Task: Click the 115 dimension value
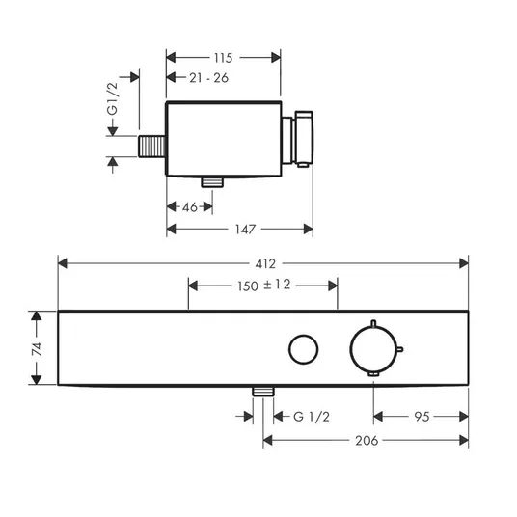coord(223,58)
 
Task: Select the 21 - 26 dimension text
coord(208,78)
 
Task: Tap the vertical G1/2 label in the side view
coord(113,98)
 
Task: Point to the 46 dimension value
coord(190,207)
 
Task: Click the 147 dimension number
coord(245,230)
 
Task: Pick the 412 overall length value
coord(265,263)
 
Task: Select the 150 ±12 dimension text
coord(263,286)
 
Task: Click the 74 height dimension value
coord(37,349)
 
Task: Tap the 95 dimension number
coord(422,417)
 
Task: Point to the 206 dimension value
coord(367,441)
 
